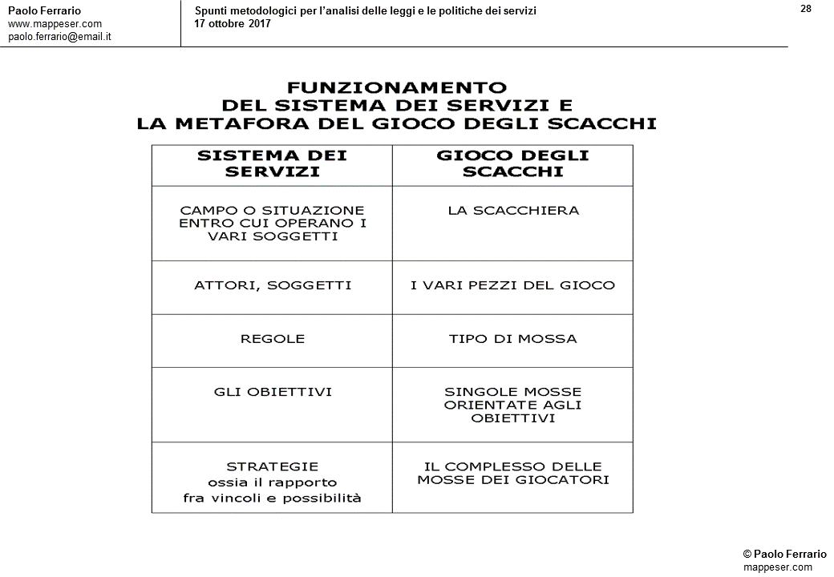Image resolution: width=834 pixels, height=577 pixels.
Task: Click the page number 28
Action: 806,9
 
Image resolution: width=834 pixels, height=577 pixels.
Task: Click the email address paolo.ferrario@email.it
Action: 59,37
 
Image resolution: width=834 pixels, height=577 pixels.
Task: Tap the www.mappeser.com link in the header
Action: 55,24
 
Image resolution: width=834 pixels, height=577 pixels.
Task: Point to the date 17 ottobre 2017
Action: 233,23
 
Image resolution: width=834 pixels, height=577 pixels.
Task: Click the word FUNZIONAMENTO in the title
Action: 397,87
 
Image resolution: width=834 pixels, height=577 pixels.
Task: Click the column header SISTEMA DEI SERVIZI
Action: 272,163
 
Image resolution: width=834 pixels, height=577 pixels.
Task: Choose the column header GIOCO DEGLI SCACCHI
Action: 512,163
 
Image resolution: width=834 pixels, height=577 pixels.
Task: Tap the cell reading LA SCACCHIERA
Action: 513,211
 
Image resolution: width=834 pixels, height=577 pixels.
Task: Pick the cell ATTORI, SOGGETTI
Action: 272,285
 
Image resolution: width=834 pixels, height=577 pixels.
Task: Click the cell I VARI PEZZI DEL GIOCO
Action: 512,285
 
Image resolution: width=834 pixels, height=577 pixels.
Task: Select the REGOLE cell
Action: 272,339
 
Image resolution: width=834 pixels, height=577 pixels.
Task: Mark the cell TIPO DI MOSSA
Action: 512,339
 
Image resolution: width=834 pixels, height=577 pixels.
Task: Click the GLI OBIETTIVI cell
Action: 272,392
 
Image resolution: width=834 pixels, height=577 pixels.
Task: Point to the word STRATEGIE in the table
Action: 272,466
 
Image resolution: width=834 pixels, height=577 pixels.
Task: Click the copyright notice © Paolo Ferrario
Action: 784,555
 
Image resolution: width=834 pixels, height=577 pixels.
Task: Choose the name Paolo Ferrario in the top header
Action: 44,10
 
